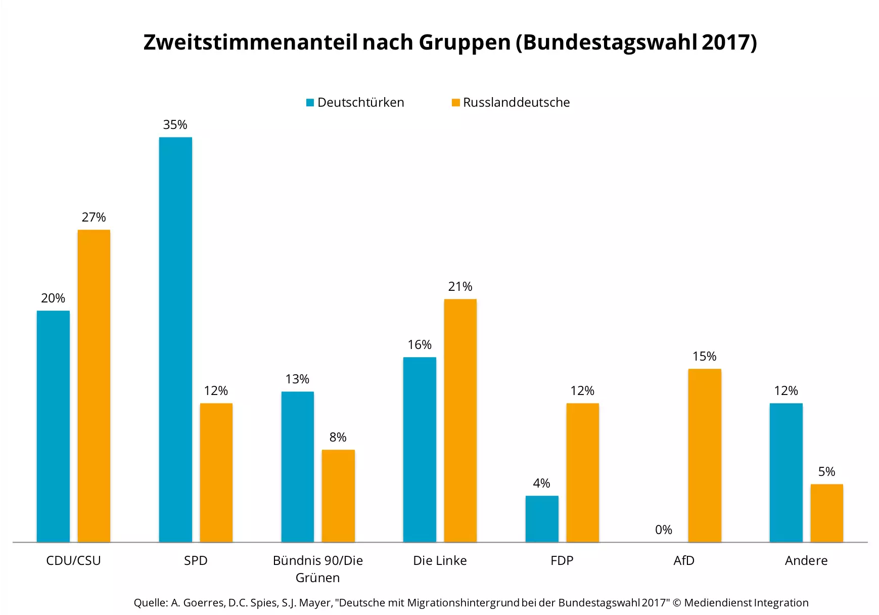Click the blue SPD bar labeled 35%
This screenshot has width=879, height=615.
pos(175,339)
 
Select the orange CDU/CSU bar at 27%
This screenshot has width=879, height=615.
pos(94,386)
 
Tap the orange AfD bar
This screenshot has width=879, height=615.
pos(704,455)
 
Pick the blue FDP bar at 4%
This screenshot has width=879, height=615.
pos(542,519)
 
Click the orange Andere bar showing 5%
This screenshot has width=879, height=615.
pos(826,513)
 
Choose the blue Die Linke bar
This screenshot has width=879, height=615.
pos(420,449)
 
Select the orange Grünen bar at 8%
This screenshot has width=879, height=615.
pos(338,496)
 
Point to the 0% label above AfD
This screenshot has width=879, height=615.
pos(663,530)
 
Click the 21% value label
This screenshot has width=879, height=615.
pos(460,287)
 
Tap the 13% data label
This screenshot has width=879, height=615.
pos(297,379)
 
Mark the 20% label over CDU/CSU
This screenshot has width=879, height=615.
pos(53,298)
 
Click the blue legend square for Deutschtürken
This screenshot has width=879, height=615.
pos(310,103)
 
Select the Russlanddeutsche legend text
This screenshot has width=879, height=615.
pos(516,103)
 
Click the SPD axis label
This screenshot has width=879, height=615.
pos(196,560)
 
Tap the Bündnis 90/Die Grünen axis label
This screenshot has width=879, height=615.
pos(317,568)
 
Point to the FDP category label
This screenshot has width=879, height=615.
pos(562,560)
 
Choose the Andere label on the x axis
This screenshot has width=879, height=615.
pos(806,560)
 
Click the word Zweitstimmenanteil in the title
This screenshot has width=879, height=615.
pos(251,42)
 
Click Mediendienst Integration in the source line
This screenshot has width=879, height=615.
pos(746,603)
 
